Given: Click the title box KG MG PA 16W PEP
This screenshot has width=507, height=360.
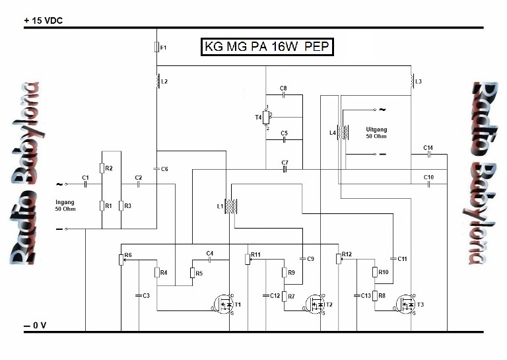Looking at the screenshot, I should pyautogui.click(x=267, y=48).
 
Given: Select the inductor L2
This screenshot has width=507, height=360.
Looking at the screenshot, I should pyautogui.click(x=157, y=81).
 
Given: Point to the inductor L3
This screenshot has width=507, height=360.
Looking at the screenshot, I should pyautogui.click(x=412, y=81).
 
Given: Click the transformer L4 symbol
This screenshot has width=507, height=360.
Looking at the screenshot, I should pyautogui.click(x=342, y=132).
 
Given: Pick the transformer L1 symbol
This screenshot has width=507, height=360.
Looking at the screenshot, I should pyautogui.click(x=231, y=206).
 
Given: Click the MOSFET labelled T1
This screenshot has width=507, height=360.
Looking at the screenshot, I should pyautogui.click(x=222, y=304).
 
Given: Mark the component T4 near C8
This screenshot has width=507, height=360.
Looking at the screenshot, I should pyautogui.click(x=266, y=117).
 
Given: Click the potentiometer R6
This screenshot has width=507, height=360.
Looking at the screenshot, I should pyautogui.click(x=122, y=259).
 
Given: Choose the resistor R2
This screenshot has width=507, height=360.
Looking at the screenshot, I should pyautogui.click(x=102, y=169).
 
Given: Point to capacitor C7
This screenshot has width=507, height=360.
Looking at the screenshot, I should pyautogui.click(x=285, y=168).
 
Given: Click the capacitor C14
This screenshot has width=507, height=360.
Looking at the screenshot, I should pyautogui.click(x=428, y=154).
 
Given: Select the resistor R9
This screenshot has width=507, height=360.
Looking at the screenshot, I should pyautogui.click(x=285, y=272).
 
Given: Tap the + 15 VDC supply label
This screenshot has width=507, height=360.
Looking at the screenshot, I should pyautogui.click(x=45, y=20).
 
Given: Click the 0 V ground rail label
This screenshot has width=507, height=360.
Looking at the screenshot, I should pyautogui.click(x=35, y=326).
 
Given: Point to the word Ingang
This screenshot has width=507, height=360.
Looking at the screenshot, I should pyautogui.click(x=65, y=202).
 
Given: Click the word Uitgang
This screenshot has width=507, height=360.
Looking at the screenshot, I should pyautogui.click(x=376, y=129).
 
